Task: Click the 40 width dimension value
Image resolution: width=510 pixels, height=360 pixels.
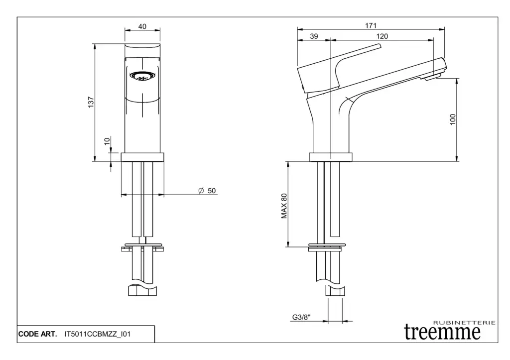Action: [x=142, y=26]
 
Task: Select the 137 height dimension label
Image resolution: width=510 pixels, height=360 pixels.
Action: [x=91, y=102]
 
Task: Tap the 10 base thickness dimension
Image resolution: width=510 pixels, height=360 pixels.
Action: [x=108, y=141]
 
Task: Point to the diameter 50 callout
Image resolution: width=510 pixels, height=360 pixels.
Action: [x=207, y=191]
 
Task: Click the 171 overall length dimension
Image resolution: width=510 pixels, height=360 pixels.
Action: [x=371, y=25]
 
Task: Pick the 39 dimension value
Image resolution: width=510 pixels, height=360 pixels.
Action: [x=314, y=36]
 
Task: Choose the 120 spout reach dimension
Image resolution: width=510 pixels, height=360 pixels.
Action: [x=382, y=36]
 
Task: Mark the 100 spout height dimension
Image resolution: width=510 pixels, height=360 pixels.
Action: [x=453, y=120]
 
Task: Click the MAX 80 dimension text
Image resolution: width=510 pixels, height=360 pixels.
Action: [x=284, y=206]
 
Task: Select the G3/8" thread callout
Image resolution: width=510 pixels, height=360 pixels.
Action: [x=301, y=317]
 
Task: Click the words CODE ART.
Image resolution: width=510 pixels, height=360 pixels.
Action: [x=37, y=334]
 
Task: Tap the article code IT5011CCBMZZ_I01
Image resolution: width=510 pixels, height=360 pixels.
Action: [x=98, y=334]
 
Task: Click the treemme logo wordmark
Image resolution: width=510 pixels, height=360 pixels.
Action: [x=442, y=332]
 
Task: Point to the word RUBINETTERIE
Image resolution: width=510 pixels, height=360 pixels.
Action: [x=465, y=323]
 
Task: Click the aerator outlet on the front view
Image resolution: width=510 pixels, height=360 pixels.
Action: [x=142, y=76]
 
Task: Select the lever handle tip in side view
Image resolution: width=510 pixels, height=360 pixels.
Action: [x=379, y=46]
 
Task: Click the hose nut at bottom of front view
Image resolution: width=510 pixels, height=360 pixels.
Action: [x=142, y=291]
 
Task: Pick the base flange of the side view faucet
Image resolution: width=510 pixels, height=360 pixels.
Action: [x=331, y=157]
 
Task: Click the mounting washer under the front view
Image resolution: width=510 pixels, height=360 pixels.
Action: [x=142, y=244]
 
